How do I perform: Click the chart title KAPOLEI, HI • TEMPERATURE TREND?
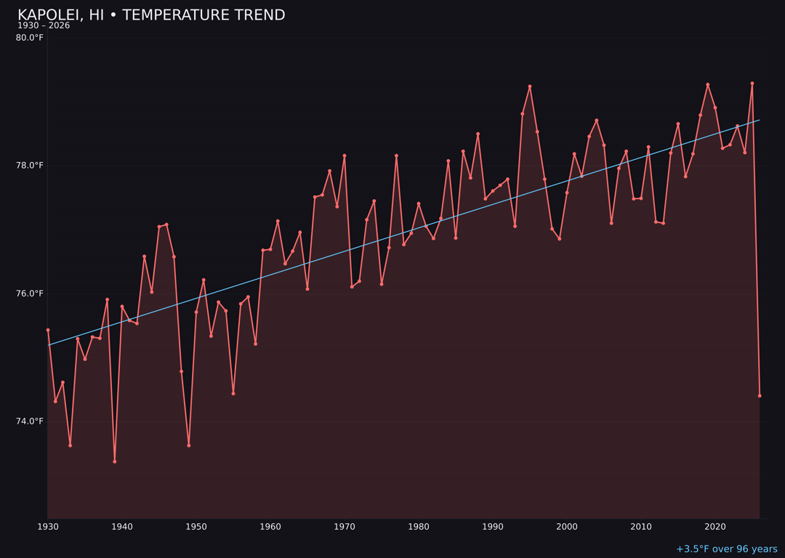click(151, 15)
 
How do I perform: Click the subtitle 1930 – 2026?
click(44, 26)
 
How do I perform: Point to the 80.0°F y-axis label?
click(30, 38)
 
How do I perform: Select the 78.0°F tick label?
click(30, 166)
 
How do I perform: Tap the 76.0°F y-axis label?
click(30, 294)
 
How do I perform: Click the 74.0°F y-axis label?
click(30, 421)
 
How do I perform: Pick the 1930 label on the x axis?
click(48, 527)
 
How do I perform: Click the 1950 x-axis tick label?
click(196, 527)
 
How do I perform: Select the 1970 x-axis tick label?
click(345, 527)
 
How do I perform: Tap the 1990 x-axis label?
click(493, 527)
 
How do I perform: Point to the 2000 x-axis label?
click(567, 527)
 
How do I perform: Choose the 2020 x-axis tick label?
click(715, 527)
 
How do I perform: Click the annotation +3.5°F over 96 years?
click(726, 549)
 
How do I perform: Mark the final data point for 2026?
click(760, 396)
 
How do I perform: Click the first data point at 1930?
click(48, 330)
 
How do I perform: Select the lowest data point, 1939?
click(114, 461)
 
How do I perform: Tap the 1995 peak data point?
click(530, 86)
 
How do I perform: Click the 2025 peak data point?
click(752, 84)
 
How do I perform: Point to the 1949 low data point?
click(189, 445)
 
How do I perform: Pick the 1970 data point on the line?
click(345, 155)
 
